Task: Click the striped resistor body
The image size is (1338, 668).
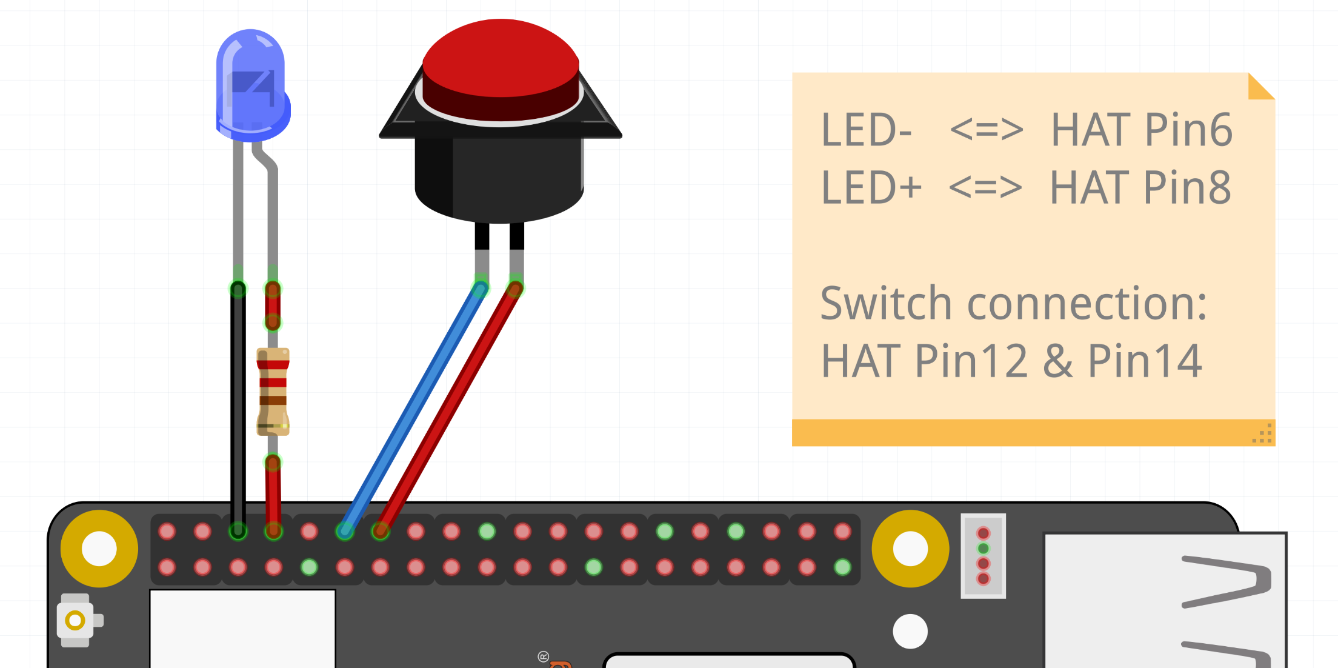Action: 273,391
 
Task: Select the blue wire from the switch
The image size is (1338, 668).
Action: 412,409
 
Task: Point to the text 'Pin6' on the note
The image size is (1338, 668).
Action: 1188,130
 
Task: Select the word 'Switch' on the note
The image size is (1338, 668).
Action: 885,303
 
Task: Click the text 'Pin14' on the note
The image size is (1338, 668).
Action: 1145,361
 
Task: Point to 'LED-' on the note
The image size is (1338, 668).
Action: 866,130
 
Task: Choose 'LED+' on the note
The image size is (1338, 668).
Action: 871,188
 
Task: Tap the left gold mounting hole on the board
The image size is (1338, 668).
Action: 99,549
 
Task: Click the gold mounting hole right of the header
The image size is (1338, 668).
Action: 910,549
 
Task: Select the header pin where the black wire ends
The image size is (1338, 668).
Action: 238,532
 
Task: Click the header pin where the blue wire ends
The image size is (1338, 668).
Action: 345,532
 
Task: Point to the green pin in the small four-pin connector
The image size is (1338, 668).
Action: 983,549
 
